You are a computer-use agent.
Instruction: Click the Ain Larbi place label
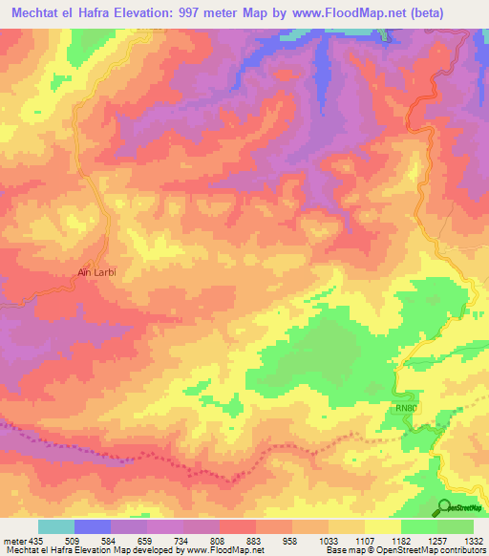click(96, 272)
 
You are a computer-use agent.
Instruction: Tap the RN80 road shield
click(407, 408)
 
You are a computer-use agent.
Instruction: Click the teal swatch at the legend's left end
click(56, 526)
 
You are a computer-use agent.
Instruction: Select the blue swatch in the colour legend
click(93, 526)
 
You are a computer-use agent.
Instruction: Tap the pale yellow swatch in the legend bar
click(383, 526)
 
